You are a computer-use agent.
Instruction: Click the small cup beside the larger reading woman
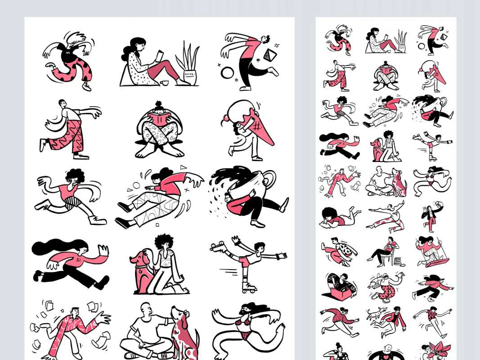tap(164, 83)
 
